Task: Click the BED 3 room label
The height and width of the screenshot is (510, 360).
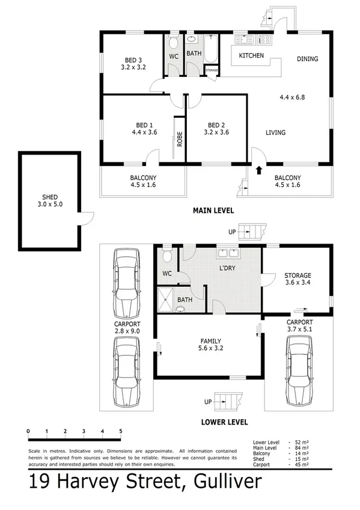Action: point(133,59)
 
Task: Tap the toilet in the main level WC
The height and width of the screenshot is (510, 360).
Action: point(173,43)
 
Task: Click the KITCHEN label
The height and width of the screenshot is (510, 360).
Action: point(251,55)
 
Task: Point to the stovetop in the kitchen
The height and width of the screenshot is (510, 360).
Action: point(264,40)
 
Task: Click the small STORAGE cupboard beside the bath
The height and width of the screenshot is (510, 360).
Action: point(212,70)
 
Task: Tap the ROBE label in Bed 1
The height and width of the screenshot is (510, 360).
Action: point(179,140)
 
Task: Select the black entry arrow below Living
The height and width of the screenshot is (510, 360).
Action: point(259,170)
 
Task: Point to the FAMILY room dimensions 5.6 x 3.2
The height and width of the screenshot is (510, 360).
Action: point(206,348)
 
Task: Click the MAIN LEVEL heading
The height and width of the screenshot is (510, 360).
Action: point(213,210)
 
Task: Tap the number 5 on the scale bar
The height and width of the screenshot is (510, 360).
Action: point(121,431)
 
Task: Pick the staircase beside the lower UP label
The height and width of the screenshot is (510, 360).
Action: point(230,399)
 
